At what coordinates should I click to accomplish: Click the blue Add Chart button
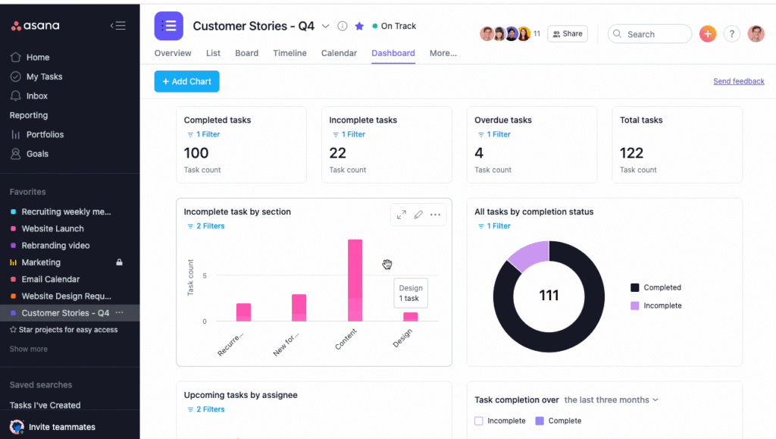pos(186,81)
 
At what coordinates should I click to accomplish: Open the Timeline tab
pos(289,53)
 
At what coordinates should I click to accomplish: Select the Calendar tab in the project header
pos(339,53)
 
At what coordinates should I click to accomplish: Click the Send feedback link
pos(738,81)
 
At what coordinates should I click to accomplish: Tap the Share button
pos(567,34)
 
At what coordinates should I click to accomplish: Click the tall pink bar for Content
pos(355,280)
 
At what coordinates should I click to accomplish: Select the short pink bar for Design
pos(410,317)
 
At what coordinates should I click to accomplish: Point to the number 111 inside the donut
pos(549,295)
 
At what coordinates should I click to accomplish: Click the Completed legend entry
pos(662,287)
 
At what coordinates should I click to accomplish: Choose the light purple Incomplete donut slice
pos(528,256)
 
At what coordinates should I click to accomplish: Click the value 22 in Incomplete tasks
pos(338,153)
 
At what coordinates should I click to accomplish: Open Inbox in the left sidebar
pos(36,96)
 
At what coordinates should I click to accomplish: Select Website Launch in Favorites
pos(52,228)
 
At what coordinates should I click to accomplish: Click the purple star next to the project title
pos(359,26)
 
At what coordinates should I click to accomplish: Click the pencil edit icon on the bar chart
pos(418,215)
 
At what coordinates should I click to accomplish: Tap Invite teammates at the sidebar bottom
pos(61,427)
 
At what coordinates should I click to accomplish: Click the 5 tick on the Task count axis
pos(203,276)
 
